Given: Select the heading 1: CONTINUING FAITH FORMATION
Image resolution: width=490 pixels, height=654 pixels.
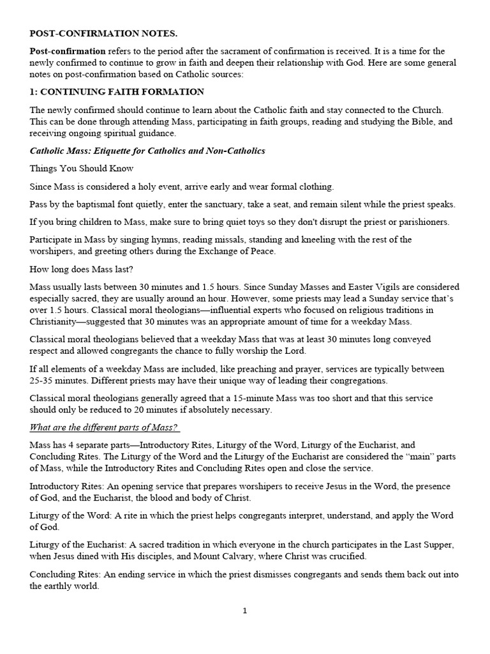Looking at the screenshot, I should tap(117, 92).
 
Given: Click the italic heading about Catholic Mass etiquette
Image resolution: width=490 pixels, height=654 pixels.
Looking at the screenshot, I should tap(147, 151).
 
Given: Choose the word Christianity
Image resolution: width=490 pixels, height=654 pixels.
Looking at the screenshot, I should tap(59, 321).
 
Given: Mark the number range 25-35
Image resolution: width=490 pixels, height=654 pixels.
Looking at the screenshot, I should tap(43, 381).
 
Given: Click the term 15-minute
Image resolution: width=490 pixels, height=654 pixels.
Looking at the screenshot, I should tap(272, 399).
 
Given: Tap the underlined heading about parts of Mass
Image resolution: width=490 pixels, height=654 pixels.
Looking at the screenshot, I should tap(105, 427).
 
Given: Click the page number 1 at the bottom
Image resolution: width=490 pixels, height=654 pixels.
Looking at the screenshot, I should tap(244, 611).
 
